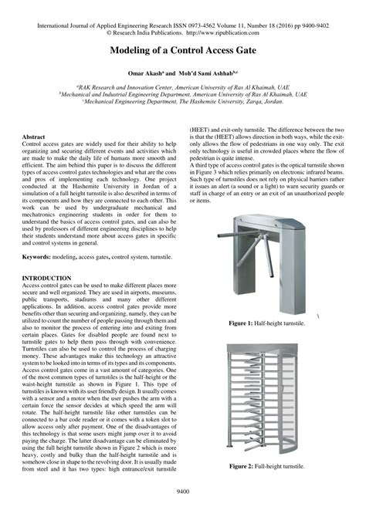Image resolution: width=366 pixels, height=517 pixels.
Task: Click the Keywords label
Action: [36, 255]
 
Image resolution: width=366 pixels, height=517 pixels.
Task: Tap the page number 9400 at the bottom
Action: [183, 510]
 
